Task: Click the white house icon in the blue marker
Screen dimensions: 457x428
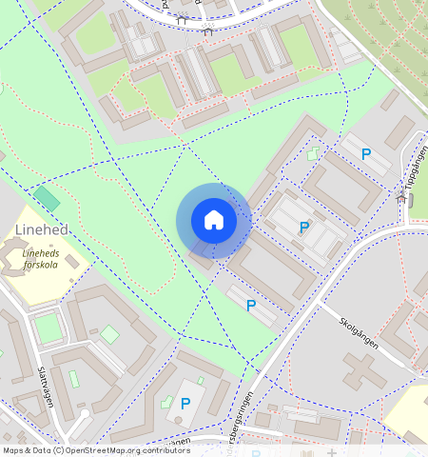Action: tap(214, 221)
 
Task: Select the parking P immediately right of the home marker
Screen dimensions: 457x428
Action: tap(304, 228)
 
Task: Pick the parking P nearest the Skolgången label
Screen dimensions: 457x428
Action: tap(251, 306)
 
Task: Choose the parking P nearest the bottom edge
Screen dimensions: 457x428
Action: tap(185, 404)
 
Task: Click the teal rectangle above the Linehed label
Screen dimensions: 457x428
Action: tap(46, 198)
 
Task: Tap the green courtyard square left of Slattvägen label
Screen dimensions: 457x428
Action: tap(48, 328)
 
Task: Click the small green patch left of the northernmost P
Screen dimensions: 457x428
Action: tap(315, 152)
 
